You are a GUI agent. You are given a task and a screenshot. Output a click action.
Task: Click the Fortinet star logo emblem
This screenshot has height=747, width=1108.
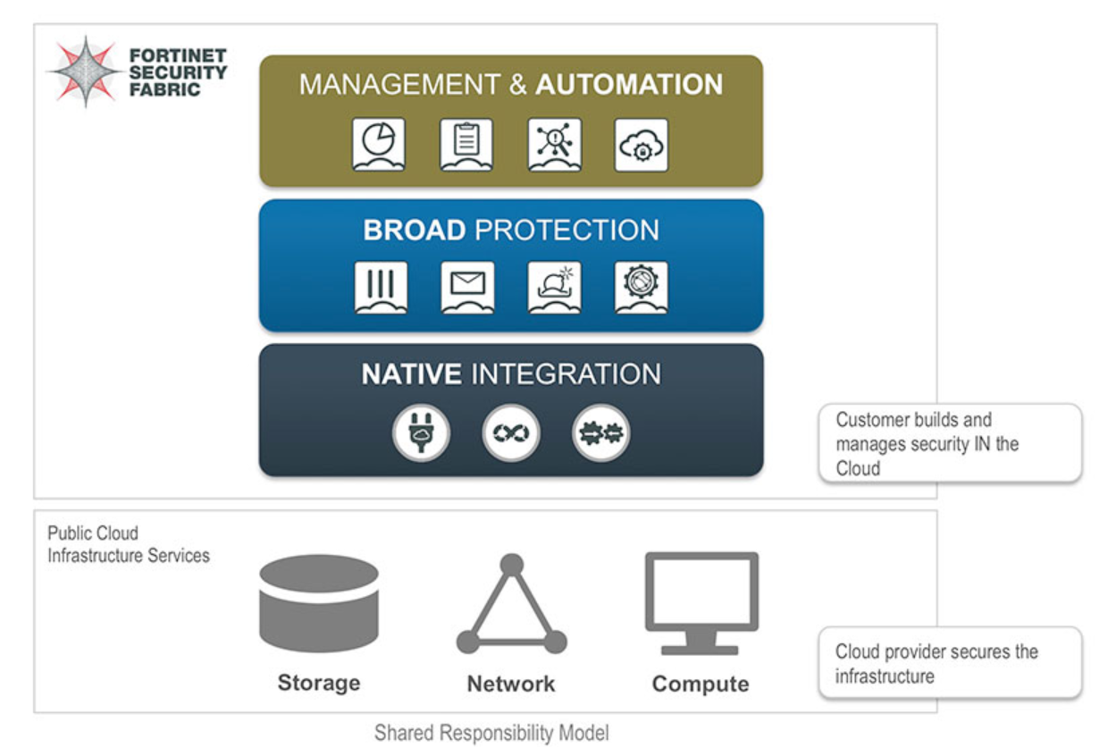[85, 71]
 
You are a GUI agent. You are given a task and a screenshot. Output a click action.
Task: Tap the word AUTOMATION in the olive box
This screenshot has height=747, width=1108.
[629, 85]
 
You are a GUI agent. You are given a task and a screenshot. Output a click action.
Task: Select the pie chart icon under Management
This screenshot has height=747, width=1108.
[379, 144]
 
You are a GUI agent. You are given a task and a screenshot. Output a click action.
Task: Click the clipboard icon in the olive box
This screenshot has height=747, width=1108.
[466, 144]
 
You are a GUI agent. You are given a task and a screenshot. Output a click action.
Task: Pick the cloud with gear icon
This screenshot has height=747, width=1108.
[641, 144]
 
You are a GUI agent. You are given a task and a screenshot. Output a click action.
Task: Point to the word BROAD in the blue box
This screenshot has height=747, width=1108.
[414, 230]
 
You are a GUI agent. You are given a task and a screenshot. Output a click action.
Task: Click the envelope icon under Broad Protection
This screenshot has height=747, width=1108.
[467, 287]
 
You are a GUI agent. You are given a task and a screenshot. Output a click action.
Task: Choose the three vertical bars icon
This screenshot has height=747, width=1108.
[381, 287]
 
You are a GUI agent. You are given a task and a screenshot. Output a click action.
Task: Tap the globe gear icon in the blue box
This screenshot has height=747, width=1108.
[641, 287]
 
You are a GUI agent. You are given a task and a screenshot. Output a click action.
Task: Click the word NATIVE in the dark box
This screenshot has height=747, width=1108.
[411, 373]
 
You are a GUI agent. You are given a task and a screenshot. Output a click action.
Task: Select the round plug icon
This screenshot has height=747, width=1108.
[422, 433]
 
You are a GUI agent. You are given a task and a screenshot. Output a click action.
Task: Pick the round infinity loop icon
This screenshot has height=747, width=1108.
[511, 433]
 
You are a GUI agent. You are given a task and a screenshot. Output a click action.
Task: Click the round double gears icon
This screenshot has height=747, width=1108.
[601, 433]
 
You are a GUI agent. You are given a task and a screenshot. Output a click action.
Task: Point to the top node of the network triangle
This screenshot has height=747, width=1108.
[511, 565]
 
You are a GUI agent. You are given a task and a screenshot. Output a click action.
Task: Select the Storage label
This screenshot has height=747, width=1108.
[319, 684]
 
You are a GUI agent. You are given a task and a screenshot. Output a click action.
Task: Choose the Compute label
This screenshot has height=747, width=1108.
[701, 684]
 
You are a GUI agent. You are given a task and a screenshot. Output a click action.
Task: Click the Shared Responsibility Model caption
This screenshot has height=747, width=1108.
[491, 734]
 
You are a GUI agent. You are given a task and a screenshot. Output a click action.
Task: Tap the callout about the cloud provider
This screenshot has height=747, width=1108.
[949, 663]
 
